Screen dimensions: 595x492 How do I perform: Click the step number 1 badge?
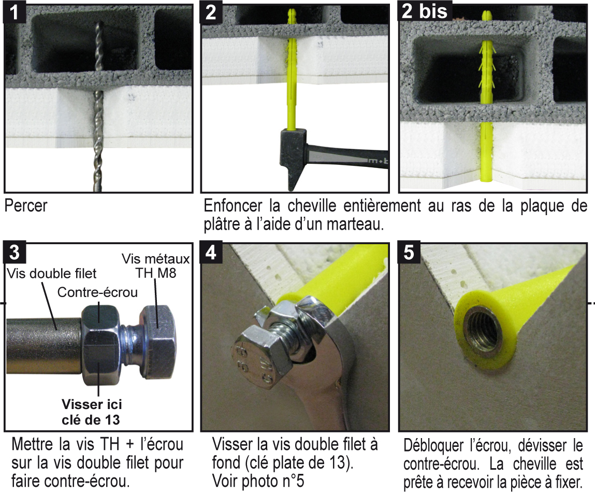point(14,12)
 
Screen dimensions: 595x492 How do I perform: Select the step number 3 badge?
point(14,252)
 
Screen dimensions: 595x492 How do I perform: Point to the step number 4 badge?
point(211,252)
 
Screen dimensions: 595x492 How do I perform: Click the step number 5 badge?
point(409,252)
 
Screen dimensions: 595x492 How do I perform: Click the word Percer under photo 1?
point(26,206)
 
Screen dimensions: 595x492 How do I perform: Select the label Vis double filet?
point(52,273)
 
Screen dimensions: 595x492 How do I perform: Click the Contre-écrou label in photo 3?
point(97,292)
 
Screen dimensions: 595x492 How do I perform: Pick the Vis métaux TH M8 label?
point(155,265)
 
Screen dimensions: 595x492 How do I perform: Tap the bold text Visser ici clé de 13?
point(92,412)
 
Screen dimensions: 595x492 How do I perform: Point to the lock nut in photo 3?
point(100,344)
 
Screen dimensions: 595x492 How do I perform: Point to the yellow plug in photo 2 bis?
point(486,99)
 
